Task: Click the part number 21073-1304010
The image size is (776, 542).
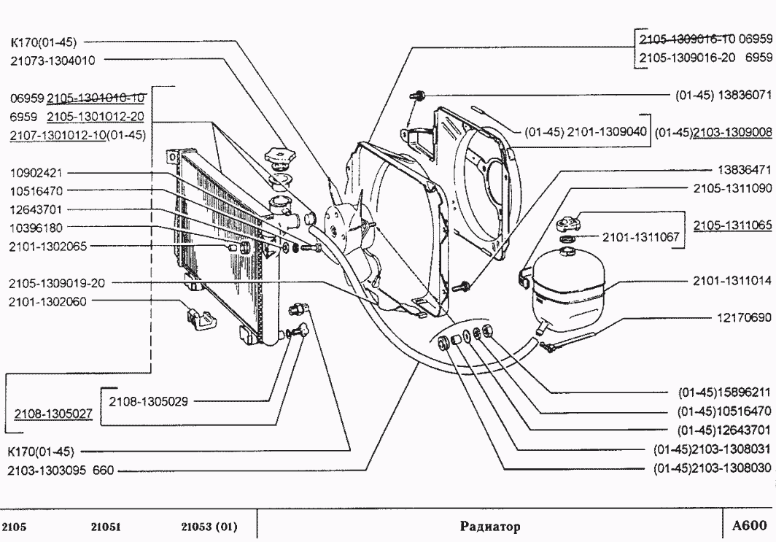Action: (53, 61)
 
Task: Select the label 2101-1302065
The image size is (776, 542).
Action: (48, 247)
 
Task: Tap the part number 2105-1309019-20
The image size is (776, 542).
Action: (55, 282)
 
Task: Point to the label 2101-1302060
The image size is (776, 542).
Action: (48, 300)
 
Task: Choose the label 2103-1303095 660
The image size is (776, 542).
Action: (61, 471)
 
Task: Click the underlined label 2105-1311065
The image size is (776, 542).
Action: (732, 225)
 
